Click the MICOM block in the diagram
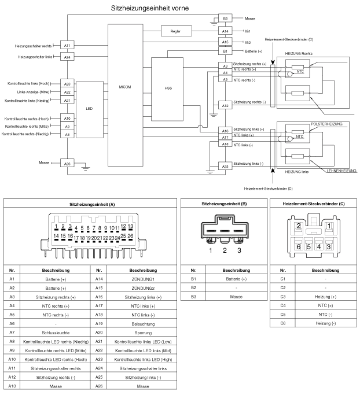click(x=125, y=87)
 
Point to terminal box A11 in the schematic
click(x=67, y=46)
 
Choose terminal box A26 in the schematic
click(x=67, y=164)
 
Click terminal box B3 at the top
click(x=226, y=19)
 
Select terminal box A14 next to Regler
click(x=226, y=31)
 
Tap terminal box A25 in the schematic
click(x=225, y=166)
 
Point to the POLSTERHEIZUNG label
click(x=327, y=124)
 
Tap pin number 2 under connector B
click(x=225, y=250)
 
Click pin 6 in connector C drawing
click(x=299, y=246)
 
